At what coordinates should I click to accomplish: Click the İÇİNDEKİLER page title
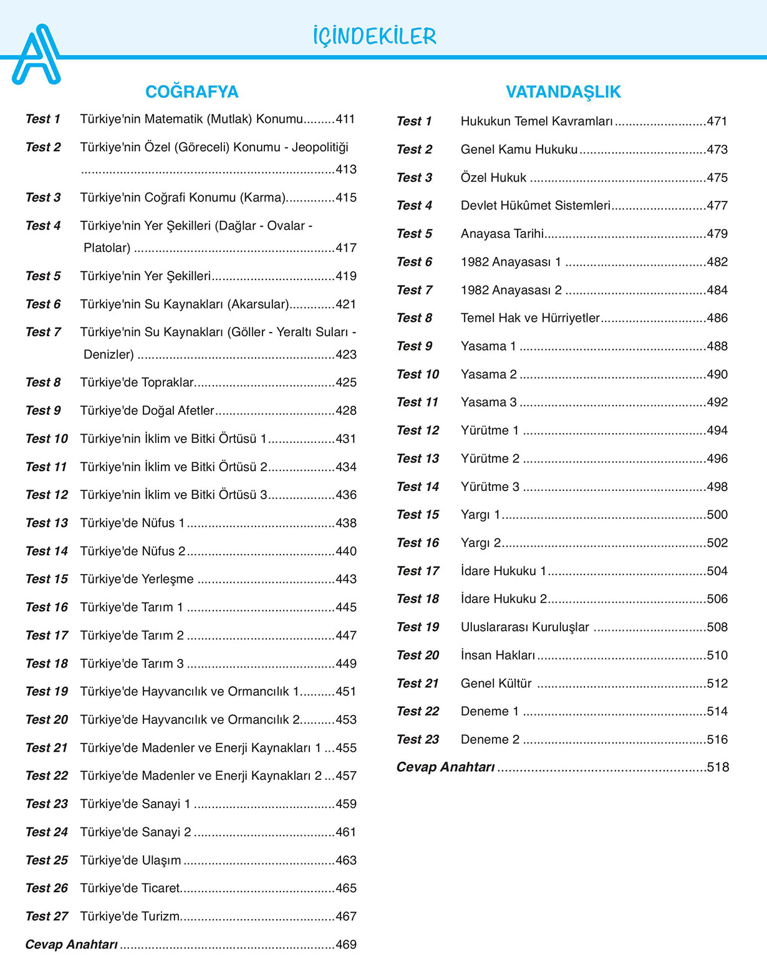pos(374,36)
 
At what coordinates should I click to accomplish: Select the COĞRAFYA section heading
pos(191,92)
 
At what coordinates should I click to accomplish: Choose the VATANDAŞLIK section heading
pos(563,92)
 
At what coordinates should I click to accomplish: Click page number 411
pos(346,119)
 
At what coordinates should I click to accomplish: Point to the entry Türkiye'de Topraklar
pos(137,382)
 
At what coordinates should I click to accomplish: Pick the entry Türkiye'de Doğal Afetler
pos(147,411)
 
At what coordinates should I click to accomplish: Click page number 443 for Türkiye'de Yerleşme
pos(346,579)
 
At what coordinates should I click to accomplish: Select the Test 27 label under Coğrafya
pos(47,916)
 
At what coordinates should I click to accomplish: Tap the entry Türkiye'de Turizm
pos(130,916)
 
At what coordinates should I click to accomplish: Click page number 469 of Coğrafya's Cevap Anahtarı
pos(346,945)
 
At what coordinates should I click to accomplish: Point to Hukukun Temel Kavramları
pos(537,122)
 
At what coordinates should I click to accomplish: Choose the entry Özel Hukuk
pos(493,178)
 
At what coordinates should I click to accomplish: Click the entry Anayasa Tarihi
pos(502,234)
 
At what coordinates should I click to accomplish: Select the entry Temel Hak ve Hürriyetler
pos(530,318)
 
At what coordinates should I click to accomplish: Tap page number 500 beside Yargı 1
pos(717,515)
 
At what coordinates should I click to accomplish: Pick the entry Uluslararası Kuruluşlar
pos(524,627)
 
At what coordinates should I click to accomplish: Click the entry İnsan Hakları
pos(498,655)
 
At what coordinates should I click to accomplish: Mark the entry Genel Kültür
pos(496,683)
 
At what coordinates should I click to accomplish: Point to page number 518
pos(718,767)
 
